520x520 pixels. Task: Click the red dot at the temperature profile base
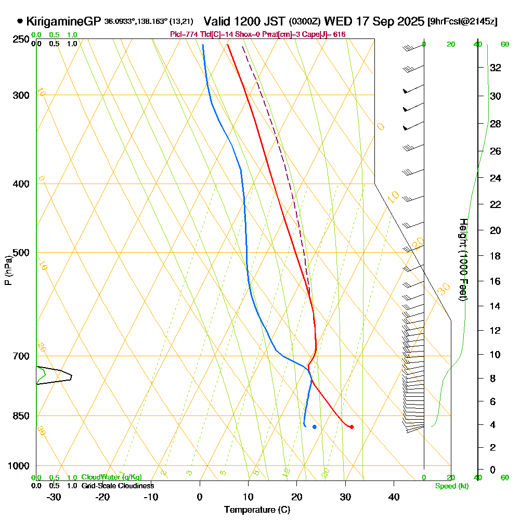coord(352,427)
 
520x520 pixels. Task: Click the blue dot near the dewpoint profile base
coord(315,427)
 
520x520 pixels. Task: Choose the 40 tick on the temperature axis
coord(394,497)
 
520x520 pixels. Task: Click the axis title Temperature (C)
coord(257,510)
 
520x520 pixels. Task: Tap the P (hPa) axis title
coord(8,270)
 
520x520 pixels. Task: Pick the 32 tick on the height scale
coord(496,67)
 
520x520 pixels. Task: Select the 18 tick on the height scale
coord(496,256)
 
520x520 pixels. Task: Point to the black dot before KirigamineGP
coord(20,21)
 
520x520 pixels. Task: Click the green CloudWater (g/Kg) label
coord(111,477)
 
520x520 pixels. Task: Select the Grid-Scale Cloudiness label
coord(117,486)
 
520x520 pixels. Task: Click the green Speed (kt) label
coord(451,486)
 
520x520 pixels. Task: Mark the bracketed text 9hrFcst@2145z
coord(462,22)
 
